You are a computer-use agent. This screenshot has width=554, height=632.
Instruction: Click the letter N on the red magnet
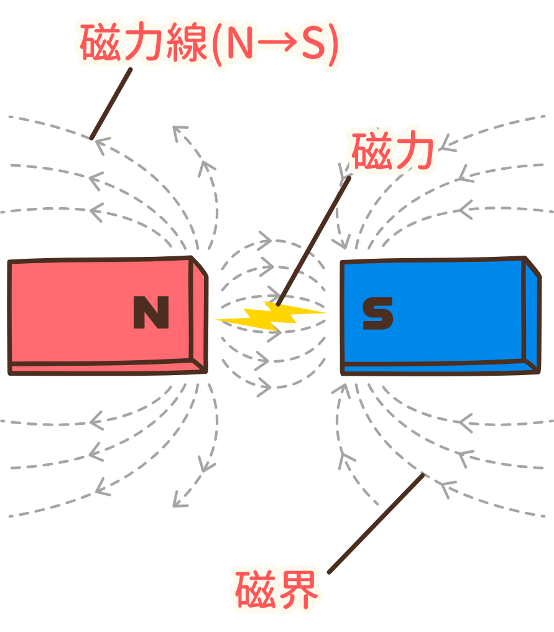click(151, 312)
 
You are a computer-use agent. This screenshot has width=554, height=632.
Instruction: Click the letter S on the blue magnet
click(377, 313)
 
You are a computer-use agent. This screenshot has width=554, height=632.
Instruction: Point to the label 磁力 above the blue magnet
click(392, 152)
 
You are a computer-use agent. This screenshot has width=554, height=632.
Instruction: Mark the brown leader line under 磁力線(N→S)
click(111, 103)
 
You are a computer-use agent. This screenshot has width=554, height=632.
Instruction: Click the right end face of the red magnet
click(200, 317)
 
